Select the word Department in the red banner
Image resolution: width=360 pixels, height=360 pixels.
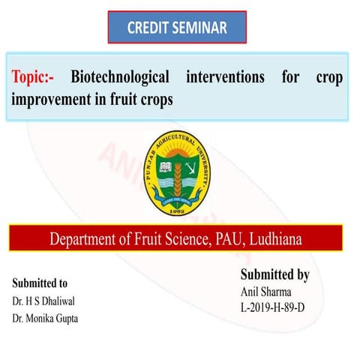coord(85,239)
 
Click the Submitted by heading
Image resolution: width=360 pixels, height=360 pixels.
coord(274,274)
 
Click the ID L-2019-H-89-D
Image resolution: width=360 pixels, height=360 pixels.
coord(275,307)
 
